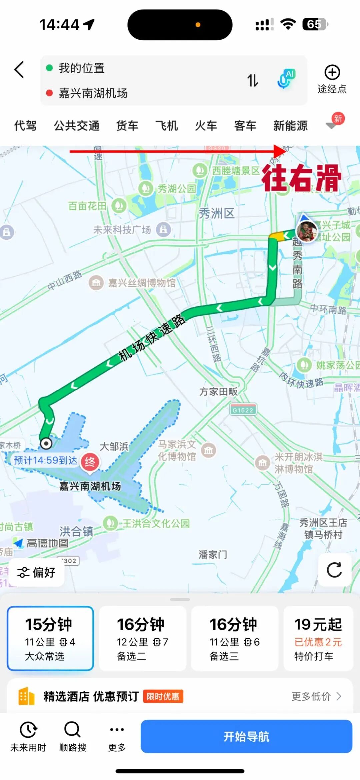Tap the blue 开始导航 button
(246, 736)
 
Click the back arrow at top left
(19, 70)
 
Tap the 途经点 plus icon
(332, 73)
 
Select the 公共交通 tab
(77, 126)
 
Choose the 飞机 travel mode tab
(166, 126)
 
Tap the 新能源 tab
(290, 126)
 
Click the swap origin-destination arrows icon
(253, 80)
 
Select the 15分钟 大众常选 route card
(50, 638)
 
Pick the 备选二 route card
(142, 638)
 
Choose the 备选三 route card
(234, 638)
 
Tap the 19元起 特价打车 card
(318, 638)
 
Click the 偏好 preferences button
(36, 572)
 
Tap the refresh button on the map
(334, 570)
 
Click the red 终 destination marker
(90, 462)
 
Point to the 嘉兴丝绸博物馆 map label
(141, 283)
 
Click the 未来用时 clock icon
(28, 730)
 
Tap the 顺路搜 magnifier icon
(72, 730)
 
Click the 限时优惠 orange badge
(163, 696)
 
